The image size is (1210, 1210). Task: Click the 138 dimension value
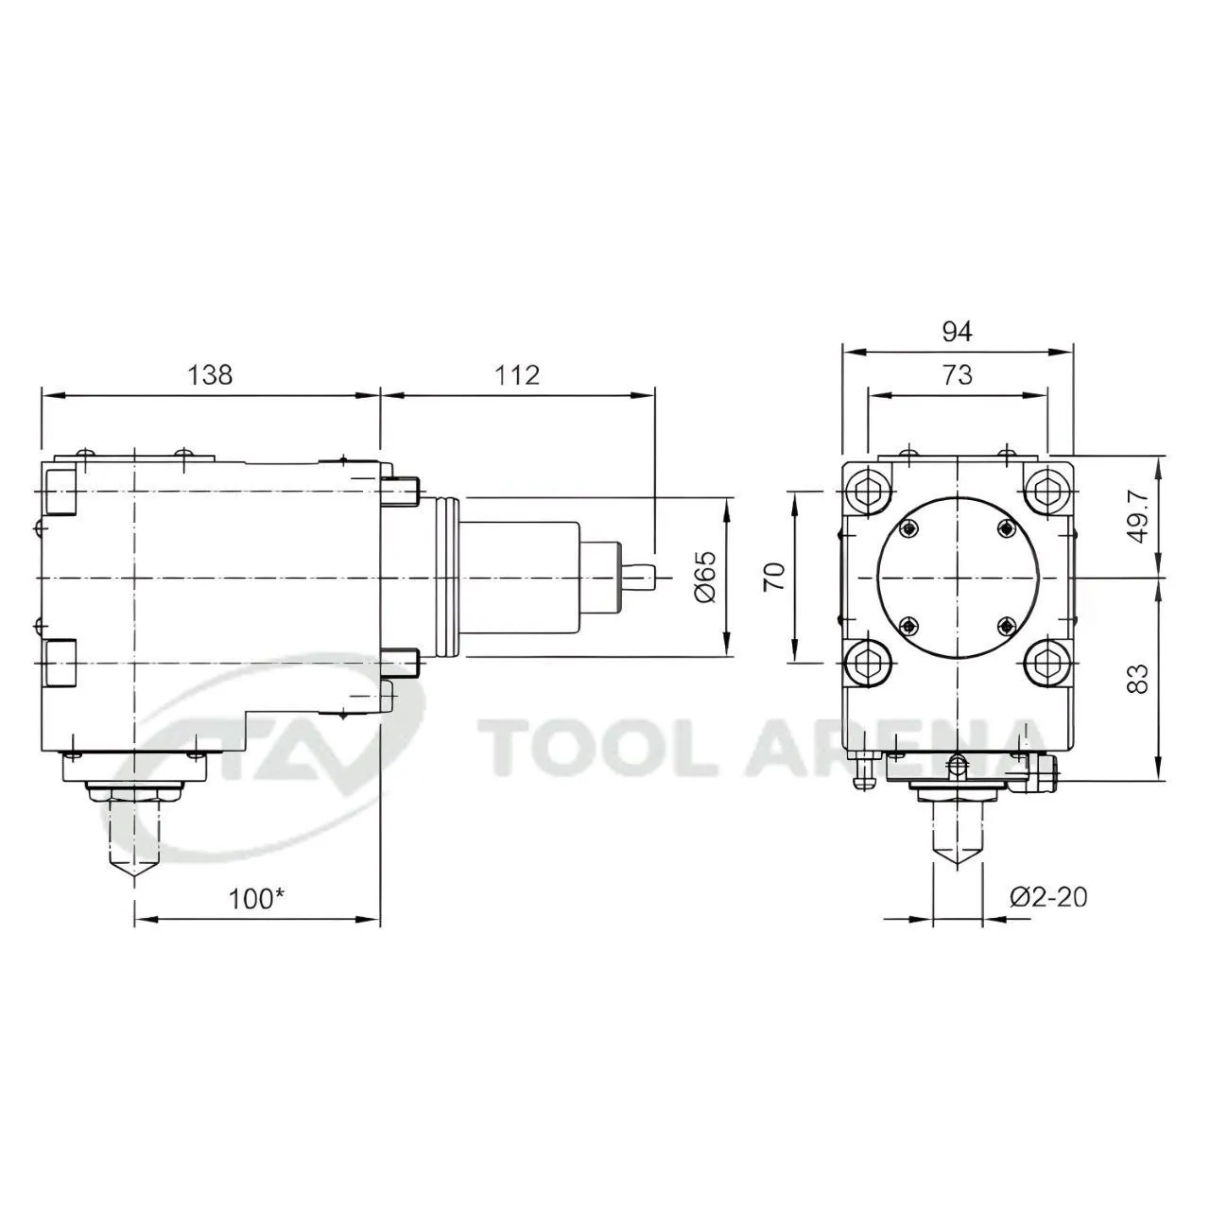pos(210,375)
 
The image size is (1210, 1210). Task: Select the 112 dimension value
pos(517,375)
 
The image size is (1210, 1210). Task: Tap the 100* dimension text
pos(256,899)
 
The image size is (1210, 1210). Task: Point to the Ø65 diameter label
pos(706,577)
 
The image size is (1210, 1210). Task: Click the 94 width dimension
pos(957,331)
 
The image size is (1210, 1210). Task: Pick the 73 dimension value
pos(957,375)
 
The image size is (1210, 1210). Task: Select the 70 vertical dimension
pos(774,577)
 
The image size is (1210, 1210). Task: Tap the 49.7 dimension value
pos(1137,516)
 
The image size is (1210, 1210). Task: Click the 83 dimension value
pos(1137,679)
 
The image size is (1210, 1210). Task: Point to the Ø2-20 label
pos(1048,897)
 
